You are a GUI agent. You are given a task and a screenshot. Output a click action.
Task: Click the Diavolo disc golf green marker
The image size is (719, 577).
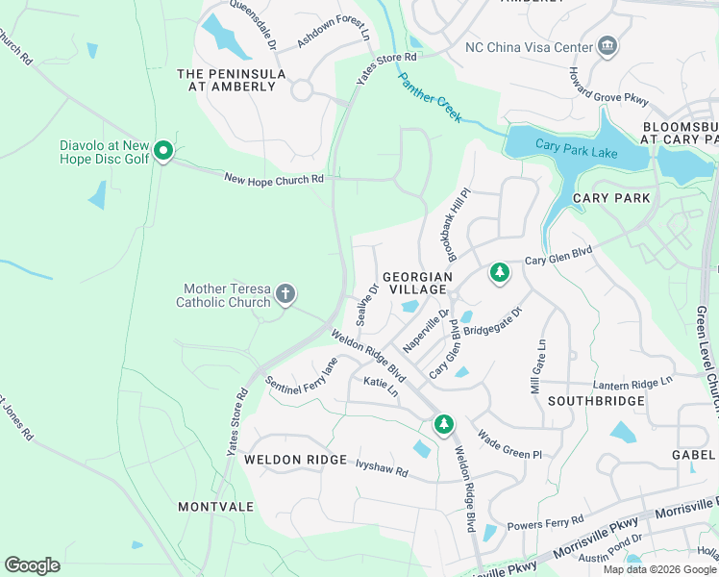point(163,151)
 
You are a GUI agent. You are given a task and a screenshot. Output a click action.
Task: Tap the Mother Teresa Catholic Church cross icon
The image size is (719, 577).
point(285,293)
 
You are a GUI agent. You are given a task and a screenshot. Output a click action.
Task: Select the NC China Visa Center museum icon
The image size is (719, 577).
point(607,45)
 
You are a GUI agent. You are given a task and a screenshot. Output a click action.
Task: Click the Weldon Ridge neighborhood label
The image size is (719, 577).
point(294,460)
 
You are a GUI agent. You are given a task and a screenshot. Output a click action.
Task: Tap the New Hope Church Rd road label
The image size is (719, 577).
point(274,179)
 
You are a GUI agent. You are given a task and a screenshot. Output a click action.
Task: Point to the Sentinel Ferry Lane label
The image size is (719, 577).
point(302,376)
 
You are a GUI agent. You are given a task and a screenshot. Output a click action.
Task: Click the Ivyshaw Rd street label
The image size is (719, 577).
point(382,473)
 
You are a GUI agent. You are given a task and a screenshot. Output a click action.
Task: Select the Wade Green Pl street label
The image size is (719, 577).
point(509,444)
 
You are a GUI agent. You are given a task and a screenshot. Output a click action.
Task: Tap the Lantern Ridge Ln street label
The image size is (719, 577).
point(633,382)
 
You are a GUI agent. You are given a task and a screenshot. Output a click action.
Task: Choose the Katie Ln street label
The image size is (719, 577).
point(381,387)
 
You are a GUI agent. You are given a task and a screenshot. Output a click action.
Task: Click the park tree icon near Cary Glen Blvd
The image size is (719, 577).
point(499,273)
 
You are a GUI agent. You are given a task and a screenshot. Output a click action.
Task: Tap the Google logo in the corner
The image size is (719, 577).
point(32,565)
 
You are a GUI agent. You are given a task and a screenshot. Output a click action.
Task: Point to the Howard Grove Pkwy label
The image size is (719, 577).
point(607,88)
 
